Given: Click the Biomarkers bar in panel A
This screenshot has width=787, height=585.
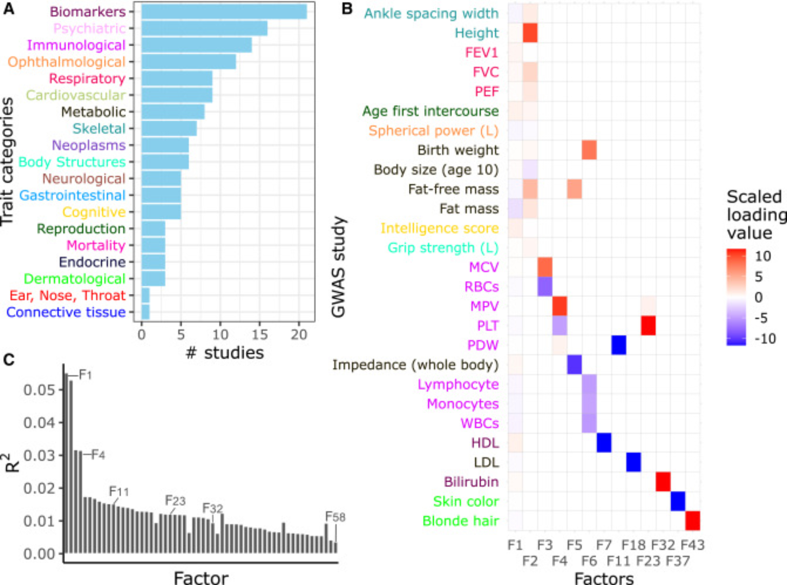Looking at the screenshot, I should [224, 11].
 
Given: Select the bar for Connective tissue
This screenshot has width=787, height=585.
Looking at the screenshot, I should [145, 312].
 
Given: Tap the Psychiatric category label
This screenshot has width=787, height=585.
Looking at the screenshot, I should [89, 28].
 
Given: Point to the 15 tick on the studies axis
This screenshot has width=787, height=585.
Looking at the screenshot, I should [259, 335].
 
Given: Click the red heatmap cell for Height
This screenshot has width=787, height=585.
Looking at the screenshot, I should [530, 33].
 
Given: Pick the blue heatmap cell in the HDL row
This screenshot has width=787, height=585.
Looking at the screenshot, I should [604, 443].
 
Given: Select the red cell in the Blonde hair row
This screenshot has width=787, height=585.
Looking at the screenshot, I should [692, 521].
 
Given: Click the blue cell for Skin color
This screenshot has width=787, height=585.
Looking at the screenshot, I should [678, 501].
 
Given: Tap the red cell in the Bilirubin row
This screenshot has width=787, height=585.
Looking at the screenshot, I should [663, 482].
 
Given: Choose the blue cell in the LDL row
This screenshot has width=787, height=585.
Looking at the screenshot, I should [633, 462].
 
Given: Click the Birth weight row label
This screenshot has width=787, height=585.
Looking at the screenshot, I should [458, 150].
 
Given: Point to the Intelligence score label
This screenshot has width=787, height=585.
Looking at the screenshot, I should [440, 228].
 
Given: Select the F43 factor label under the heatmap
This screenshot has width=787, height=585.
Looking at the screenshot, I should [693, 545].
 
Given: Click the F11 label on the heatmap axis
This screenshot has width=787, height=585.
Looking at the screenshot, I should [619, 561].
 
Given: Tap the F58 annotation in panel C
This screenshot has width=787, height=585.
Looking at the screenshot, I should [335, 517].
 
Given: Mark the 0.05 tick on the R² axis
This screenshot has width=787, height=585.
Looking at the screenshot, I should [39, 390].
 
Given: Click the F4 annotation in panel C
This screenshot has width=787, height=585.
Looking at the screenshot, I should [98, 455].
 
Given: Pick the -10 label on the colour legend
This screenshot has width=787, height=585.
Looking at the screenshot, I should [765, 339].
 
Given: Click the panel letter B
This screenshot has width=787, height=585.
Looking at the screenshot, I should [347, 9].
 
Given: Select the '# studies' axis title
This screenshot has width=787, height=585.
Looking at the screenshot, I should [225, 353].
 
